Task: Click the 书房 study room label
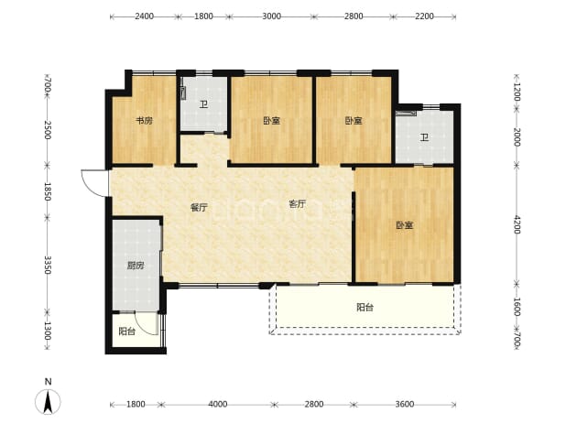coord(144,121)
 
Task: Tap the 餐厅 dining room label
coord(199,208)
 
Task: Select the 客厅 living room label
coord(297,204)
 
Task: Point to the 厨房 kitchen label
coord(136,266)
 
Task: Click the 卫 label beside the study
coord(204,105)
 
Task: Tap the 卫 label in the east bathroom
coord(425,137)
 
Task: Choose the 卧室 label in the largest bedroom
coord(405,225)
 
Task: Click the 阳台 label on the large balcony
coord(365,308)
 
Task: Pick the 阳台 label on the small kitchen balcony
coord(127,332)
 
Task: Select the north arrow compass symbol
coord(48,402)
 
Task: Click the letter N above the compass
coord(48,382)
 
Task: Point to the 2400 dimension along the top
coord(145,16)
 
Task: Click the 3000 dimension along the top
coord(271,16)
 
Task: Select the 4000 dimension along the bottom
coord(218,404)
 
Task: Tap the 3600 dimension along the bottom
coord(405,404)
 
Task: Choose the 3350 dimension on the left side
coord(48,265)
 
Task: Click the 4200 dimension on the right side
coord(517,224)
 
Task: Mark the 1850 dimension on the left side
coord(48,191)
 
